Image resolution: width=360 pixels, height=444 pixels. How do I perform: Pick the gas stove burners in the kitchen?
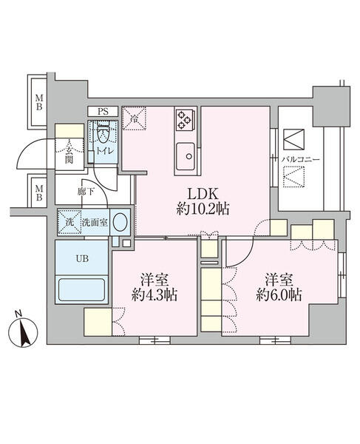(185, 118)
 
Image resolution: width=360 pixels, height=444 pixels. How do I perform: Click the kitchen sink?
(186, 155)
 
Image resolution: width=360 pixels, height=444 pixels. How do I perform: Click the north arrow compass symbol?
(24, 331)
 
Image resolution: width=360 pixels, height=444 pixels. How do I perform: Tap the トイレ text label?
(103, 152)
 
